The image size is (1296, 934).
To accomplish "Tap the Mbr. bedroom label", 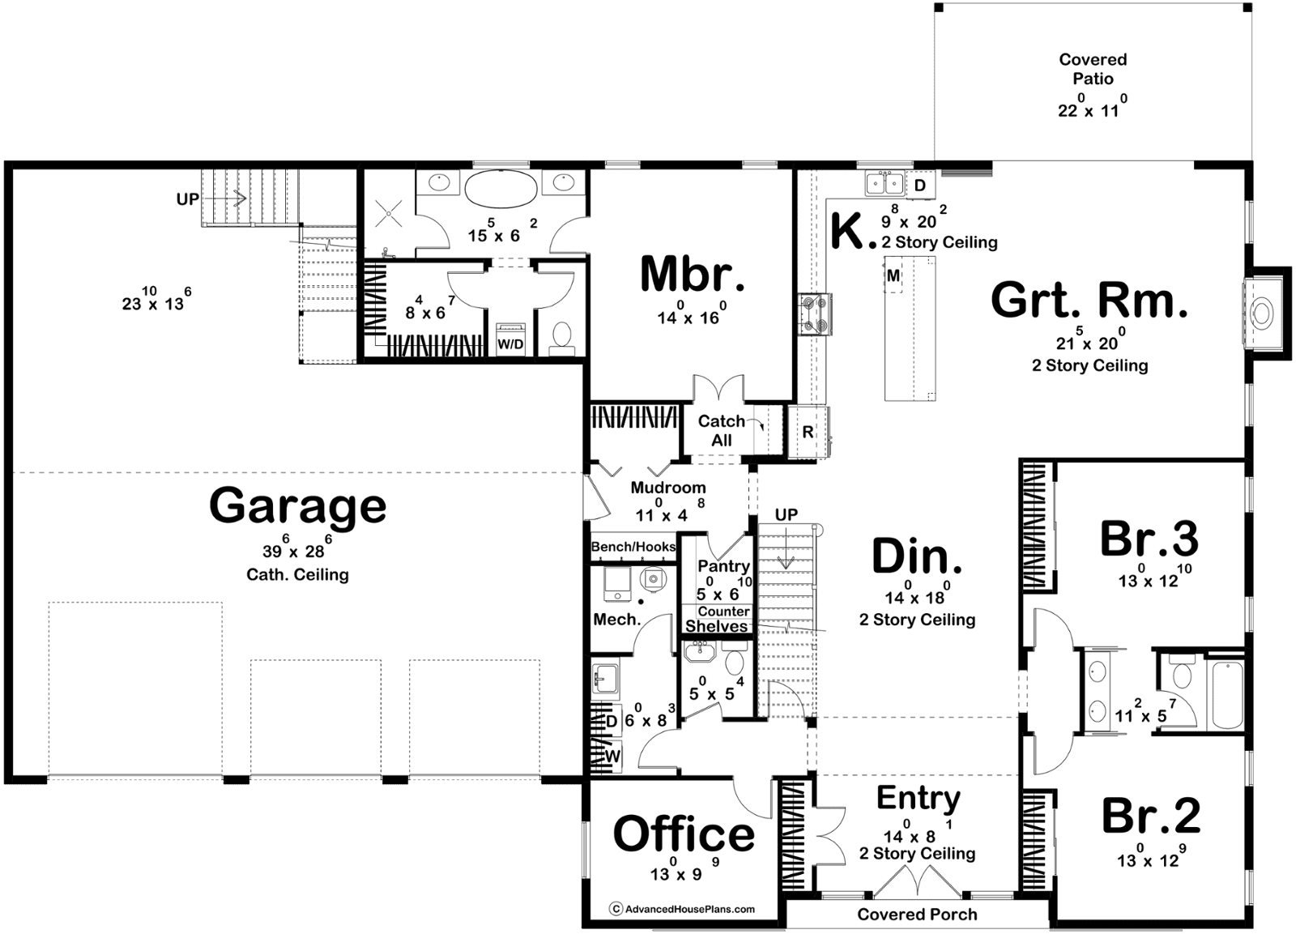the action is click(x=693, y=275).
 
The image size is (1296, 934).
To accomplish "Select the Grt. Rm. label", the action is click(x=1089, y=300).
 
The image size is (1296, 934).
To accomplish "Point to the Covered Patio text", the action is click(x=1093, y=69).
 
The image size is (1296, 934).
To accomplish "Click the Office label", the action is click(x=684, y=834).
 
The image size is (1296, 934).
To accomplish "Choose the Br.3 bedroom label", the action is click(x=1149, y=539).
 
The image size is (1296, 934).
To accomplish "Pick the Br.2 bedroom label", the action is click(x=1151, y=816).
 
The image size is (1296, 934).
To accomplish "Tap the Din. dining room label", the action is click(x=917, y=557).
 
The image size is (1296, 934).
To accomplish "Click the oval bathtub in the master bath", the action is click(x=501, y=188).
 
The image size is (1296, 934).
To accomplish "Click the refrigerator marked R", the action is click(x=808, y=433).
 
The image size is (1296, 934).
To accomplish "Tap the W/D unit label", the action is click(x=510, y=344).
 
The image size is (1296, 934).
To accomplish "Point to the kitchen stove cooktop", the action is click(x=815, y=314).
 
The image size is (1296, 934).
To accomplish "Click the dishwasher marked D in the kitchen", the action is click(x=920, y=186).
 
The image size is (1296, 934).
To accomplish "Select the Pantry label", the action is click(x=724, y=565).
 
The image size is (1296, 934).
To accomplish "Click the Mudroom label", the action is click(x=668, y=488).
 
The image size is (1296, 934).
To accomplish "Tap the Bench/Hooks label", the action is click(x=633, y=547).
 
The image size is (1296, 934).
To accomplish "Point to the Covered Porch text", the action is click(x=917, y=915).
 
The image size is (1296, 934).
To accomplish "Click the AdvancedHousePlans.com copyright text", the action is click(x=684, y=909).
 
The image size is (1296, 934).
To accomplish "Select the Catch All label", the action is click(x=722, y=430).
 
